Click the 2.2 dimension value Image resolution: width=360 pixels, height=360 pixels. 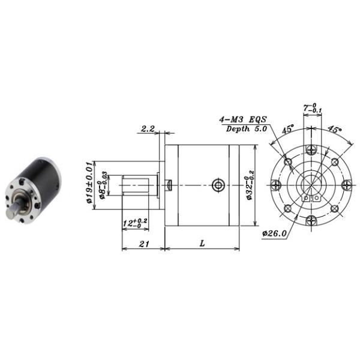click(148, 129)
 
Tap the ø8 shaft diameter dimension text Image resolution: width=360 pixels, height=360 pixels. click(103, 185)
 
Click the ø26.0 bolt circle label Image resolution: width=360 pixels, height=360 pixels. click(274, 232)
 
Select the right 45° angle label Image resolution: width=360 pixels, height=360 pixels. click(335, 128)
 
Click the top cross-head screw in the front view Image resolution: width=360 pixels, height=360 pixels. click(310, 149)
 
